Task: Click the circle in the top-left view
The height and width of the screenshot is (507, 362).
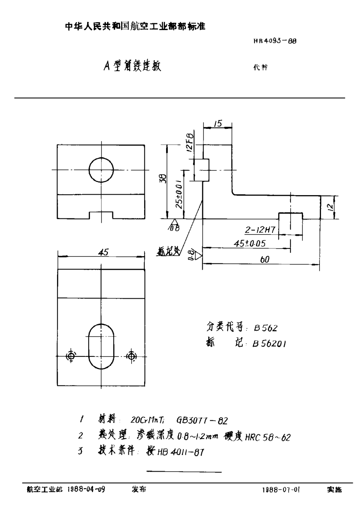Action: (102, 170)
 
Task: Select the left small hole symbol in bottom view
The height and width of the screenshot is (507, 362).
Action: (71, 356)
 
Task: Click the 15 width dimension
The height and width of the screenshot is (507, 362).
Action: (218, 124)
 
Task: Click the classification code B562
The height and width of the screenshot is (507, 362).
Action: (265, 328)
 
